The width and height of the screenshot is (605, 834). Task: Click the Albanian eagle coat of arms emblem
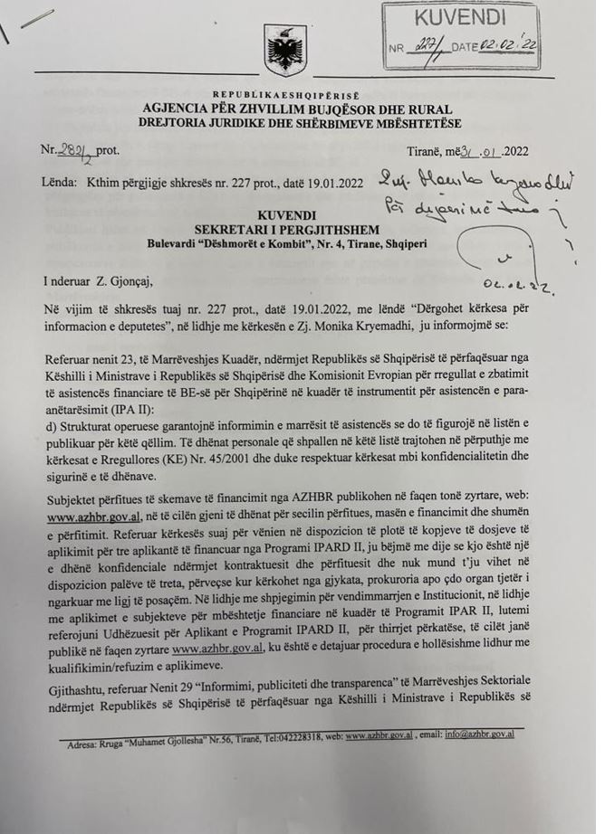click(282, 50)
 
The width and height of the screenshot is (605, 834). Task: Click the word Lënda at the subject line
click(57, 182)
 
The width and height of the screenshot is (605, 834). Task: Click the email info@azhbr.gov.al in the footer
click(479, 734)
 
